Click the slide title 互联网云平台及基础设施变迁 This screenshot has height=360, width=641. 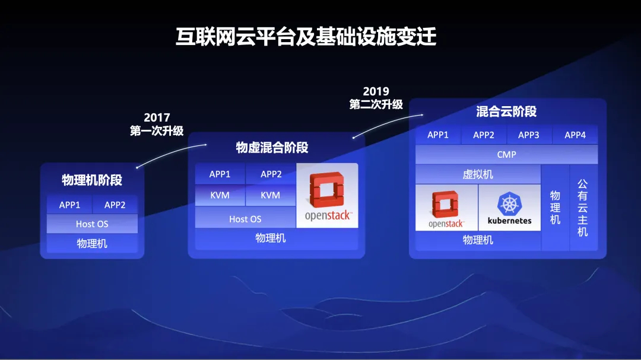[306, 37]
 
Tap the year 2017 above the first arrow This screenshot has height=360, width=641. [157, 117]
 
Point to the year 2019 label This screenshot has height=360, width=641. [376, 91]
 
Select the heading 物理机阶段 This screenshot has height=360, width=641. [92, 180]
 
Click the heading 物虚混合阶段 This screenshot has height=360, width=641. [272, 148]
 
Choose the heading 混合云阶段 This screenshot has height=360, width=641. [506, 111]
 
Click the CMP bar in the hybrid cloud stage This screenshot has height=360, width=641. [506, 154]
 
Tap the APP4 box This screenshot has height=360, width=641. [575, 135]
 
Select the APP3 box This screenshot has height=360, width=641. [529, 135]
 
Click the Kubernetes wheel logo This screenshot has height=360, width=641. [509, 203]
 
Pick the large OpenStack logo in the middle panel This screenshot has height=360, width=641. [327, 196]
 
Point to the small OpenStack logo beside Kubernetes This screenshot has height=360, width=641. [446, 208]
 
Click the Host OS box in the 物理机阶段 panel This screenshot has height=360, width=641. [92, 224]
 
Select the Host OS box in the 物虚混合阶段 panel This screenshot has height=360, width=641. [245, 219]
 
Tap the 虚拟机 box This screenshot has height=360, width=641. [478, 174]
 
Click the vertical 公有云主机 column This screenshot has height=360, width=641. [583, 208]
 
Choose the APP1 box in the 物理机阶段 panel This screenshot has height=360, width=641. [69, 205]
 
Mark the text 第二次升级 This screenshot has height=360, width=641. [376, 104]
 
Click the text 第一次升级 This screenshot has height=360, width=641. [157, 130]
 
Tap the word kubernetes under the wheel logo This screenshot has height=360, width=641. [509, 221]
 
